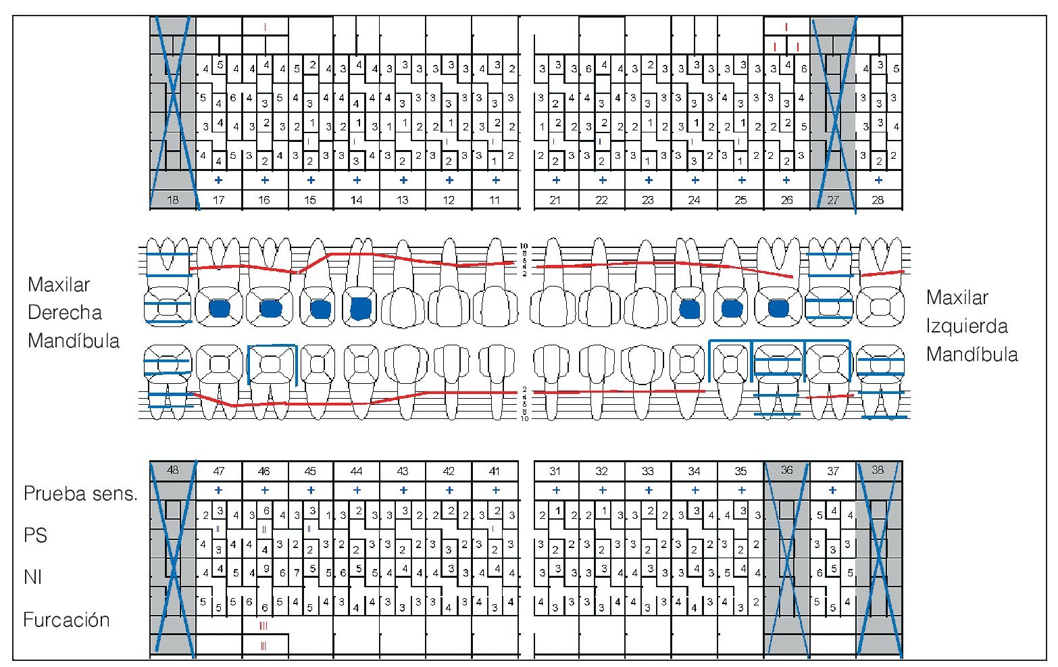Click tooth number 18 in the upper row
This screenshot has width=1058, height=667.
[173, 200]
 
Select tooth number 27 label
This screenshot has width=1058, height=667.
[832, 200]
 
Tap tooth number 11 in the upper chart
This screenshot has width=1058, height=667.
[495, 200]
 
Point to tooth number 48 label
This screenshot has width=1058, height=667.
[173, 470]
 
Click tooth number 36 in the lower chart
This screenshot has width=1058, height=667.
[786, 470]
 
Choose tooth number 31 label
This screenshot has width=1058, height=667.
[555, 471]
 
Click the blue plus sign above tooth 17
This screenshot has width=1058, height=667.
[218, 180]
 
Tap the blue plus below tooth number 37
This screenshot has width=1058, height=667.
[832, 491]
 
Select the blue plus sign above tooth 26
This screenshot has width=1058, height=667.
[786, 180]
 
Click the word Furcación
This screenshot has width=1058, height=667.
[66, 620]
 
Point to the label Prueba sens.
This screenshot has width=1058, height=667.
[80, 493]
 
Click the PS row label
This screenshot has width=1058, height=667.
[35, 535]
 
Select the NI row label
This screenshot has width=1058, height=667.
[32, 577]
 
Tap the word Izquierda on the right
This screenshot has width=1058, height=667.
[967, 326]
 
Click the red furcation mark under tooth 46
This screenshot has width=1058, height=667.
[263, 626]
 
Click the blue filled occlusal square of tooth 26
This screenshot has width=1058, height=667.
[778, 308]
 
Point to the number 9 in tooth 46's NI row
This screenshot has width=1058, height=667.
[266, 568]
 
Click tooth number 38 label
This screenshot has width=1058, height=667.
[878, 470]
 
